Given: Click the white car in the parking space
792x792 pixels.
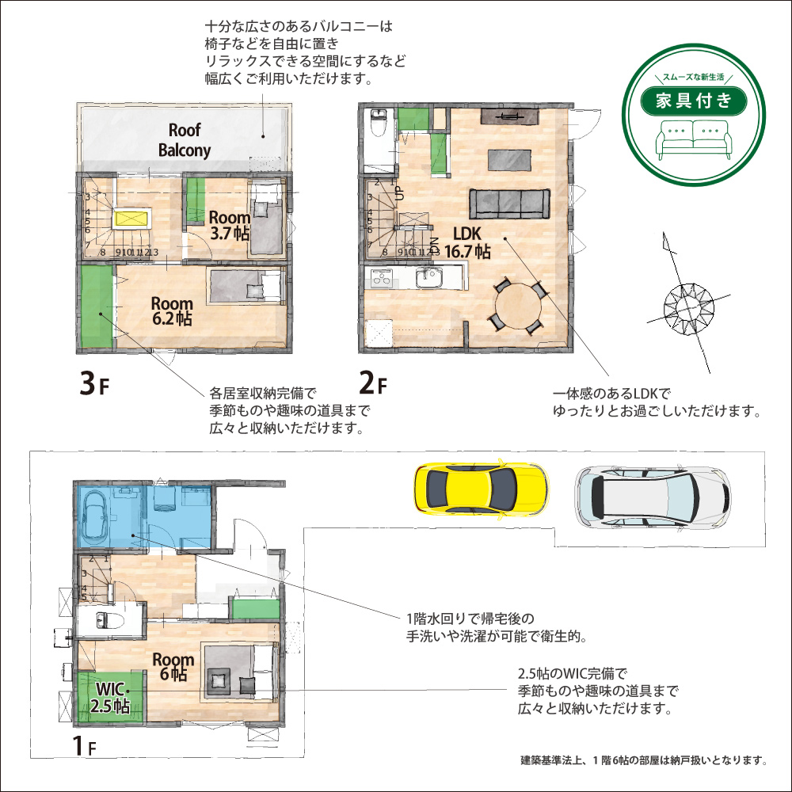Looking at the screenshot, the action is (x=653, y=497).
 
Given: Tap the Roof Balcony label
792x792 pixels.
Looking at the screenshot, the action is (x=185, y=140).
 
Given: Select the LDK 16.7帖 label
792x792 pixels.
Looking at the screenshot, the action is (x=467, y=242).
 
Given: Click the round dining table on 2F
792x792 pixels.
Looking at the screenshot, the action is (x=518, y=306).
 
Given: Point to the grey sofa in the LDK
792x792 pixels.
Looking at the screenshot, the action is (x=509, y=204).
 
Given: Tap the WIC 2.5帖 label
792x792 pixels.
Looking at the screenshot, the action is (x=111, y=697).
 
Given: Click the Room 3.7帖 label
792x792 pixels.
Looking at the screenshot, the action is (x=230, y=225).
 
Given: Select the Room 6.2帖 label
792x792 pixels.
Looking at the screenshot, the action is (x=172, y=310).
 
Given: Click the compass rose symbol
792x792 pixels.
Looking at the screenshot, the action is (x=688, y=305).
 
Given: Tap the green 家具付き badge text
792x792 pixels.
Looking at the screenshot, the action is (x=694, y=101).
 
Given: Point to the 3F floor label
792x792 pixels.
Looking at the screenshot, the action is (x=94, y=383).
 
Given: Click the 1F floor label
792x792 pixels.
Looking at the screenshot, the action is (x=85, y=745).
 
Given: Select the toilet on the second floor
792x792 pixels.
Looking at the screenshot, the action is (x=377, y=124).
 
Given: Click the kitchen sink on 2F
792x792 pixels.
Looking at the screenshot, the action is (x=428, y=278).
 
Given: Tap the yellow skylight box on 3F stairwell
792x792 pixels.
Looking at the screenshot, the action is (x=131, y=219).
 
